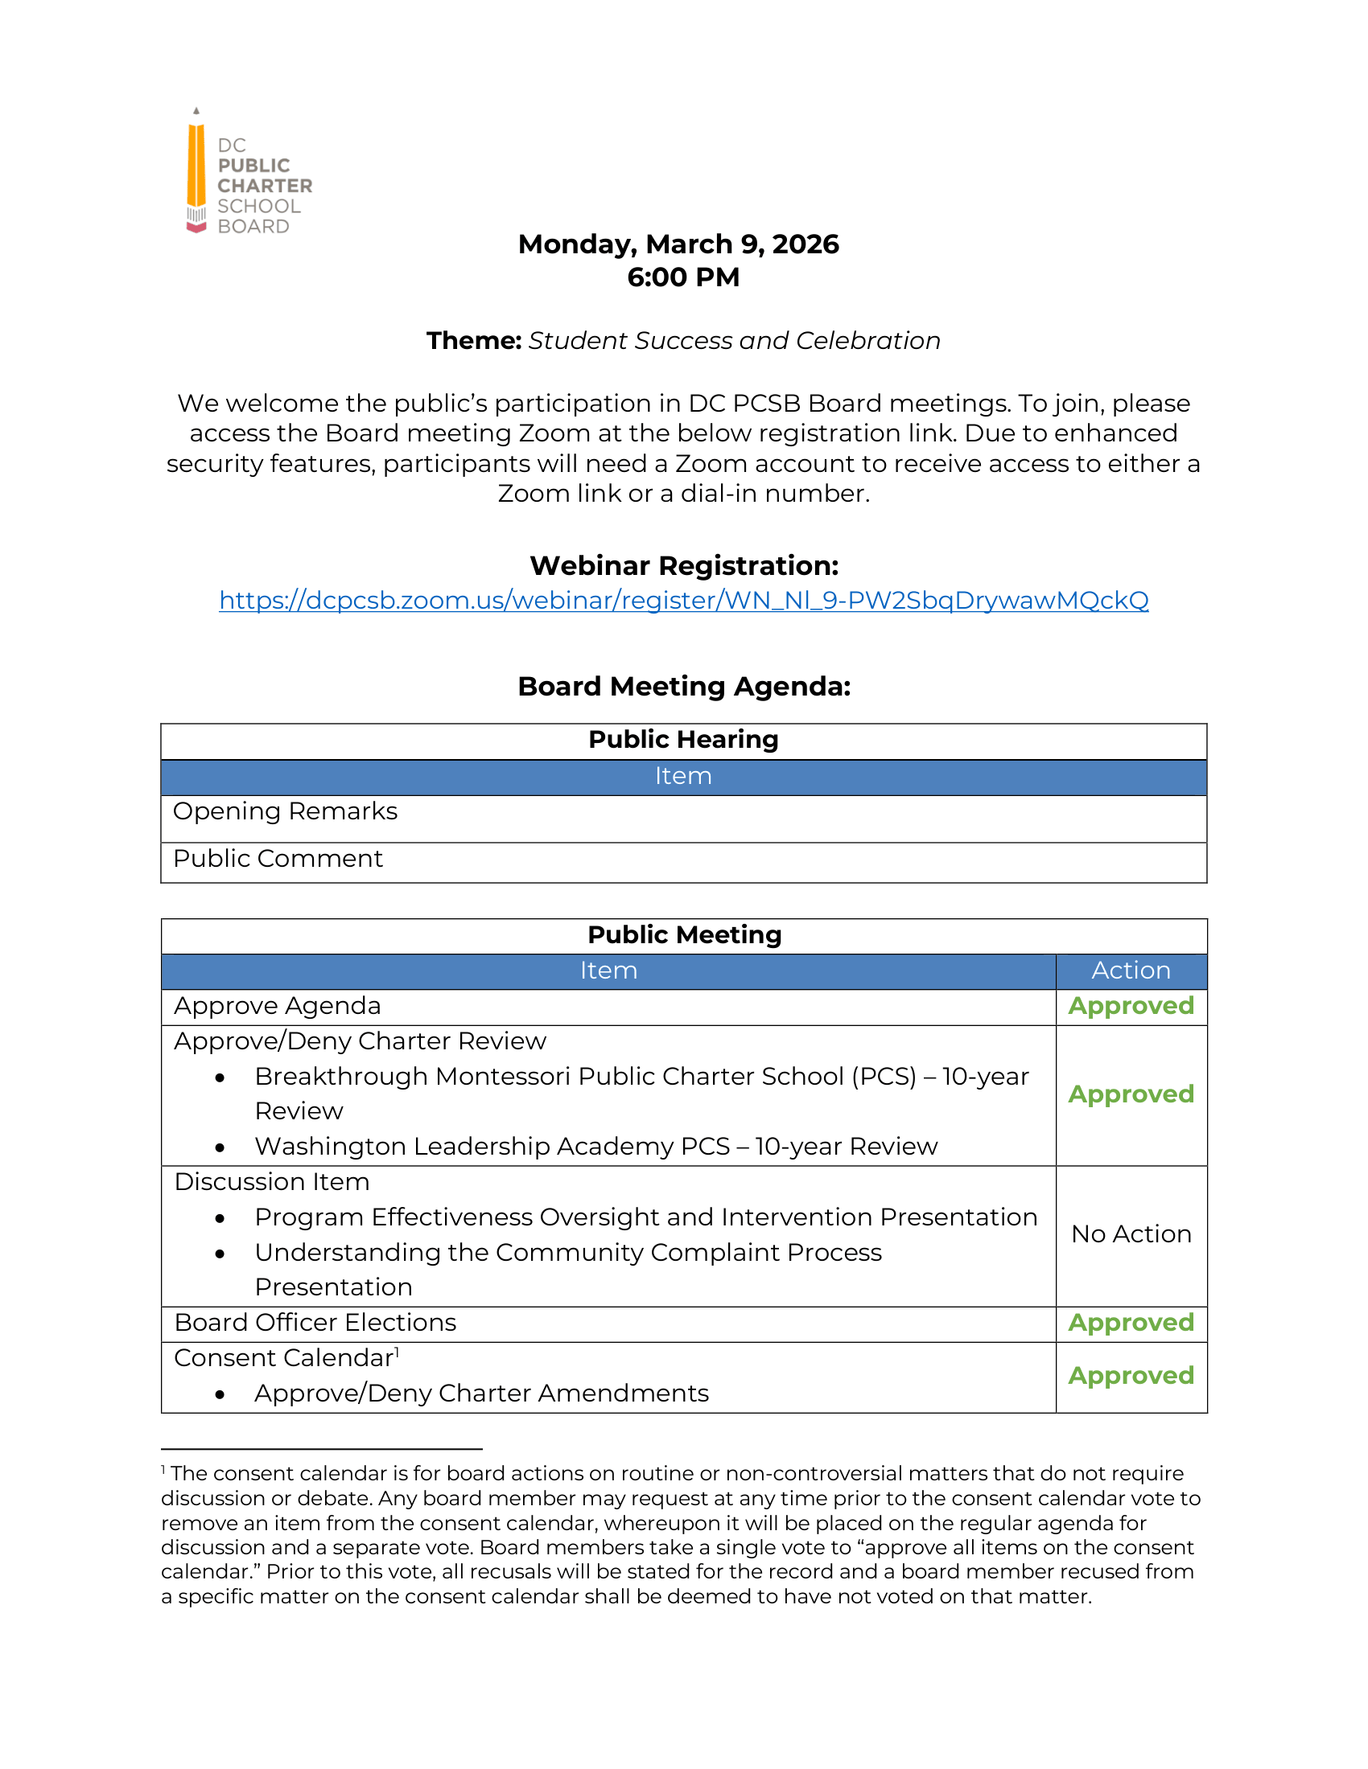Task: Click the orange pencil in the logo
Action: click(196, 166)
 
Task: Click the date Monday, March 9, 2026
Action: click(678, 244)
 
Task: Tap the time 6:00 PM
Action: click(683, 277)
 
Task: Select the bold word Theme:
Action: click(474, 341)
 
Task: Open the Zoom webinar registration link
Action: click(683, 600)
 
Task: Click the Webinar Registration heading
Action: click(683, 565)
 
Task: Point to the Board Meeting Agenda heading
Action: click(683, 686)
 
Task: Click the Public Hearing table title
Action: click(683, 740)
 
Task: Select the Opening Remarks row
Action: click(286, 811)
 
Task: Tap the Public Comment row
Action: click(278, 859)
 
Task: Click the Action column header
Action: click(1131, 971)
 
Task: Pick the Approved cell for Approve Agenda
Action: click(1131, 1006)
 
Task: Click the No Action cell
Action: click(1131, 1234)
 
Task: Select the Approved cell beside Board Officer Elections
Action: click(1131, 1323)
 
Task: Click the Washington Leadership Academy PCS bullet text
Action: click(595, 1147)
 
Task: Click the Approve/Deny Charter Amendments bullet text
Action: click(481, 1393)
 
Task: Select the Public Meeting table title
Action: click(683, 934)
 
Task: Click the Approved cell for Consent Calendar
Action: click(1131, 1375)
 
